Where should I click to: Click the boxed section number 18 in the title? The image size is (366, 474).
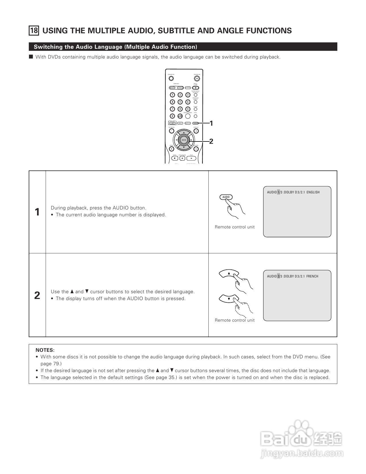click(x=34, y=30)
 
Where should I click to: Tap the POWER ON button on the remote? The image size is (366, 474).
click(x=197, y=78)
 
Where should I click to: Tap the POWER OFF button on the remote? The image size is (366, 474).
click(x=171, y=78)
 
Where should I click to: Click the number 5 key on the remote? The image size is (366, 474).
click(x=180, y=102)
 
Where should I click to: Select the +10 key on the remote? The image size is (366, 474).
click(x=180, y=116)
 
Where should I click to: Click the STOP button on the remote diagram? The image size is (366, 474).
click(x=175, y=158)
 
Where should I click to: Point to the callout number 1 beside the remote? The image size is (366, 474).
click(x=211, y=123)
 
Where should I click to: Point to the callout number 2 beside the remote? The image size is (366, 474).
click(x=211, y=141)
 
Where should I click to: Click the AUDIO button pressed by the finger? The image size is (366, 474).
click(x=226, y=197)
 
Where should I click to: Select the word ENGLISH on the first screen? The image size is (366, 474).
click(x=313, y=192)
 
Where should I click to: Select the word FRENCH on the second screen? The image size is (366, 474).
click(x=312, y=276)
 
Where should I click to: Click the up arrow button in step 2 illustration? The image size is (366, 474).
click(x=229, y=273)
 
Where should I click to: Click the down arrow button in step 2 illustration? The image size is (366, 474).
click(x=229, y=299)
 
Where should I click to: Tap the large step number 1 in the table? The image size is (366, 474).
click(x=37, y=212)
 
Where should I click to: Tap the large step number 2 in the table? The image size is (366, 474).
click(x=37, y=295)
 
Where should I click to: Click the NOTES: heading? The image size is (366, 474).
click(x=45, y=350)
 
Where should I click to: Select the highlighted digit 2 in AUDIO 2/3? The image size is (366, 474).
click(x=278, y=276)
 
